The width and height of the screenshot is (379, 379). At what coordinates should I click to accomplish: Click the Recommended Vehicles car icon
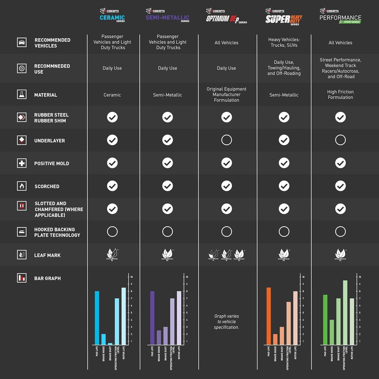[22, 42]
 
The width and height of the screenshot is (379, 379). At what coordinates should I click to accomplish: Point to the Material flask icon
[22, 94]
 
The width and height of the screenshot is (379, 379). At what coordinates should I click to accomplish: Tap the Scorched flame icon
[22, 186]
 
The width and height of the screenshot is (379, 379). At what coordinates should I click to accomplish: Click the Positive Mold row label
[52, 163]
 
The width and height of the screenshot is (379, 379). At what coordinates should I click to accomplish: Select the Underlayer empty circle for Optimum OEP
[226, 140]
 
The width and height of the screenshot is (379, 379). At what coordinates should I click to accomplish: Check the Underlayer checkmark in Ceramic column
[112, 140]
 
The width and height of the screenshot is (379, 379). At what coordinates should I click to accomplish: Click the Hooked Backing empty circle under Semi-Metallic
[168, 231]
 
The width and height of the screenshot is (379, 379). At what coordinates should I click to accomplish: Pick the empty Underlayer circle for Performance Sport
[340, 140]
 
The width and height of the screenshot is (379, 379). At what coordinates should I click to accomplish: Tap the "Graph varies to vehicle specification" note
[226, 322]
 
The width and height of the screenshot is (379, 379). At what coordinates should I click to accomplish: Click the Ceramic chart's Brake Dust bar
[110, 344]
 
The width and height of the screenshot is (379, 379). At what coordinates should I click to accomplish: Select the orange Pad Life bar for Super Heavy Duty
[269, 316]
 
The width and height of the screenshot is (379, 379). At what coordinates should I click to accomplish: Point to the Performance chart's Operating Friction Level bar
[345, 313]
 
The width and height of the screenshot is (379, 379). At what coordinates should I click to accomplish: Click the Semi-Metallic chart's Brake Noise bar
[159, 337]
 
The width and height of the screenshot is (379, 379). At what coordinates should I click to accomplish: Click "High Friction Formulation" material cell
[340, 94]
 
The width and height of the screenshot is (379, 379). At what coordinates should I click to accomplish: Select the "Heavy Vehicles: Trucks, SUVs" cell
[284, 42]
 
